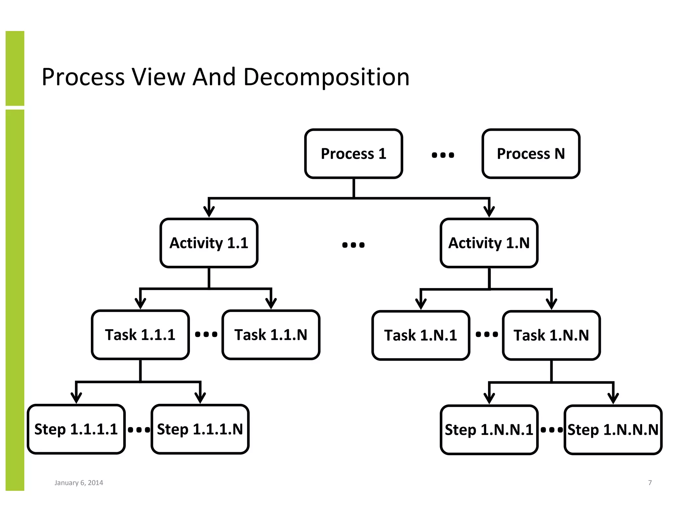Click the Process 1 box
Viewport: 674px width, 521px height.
pos(353,154)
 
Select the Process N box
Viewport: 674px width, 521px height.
pos(531,154)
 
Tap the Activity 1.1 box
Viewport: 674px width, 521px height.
pos(209,243)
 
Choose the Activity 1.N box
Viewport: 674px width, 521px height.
pos(489,243)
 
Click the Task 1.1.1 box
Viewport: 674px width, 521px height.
pos(140,335)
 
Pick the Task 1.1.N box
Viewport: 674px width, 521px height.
pos(271,335)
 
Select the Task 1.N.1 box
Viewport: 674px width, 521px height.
pos(421,335)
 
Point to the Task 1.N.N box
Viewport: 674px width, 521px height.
pos(551,335)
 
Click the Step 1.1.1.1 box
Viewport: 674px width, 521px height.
pos(76,429)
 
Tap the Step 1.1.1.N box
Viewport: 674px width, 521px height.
pos(200,429)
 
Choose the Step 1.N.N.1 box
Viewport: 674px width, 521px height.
pos(489,430)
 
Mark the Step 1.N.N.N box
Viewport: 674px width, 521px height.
pos(613,430)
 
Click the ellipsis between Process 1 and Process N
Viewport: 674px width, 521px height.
pos(443,155)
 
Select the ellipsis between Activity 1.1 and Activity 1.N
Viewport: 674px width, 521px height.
pos(353,245)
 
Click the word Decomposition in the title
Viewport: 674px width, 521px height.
pos(326,77)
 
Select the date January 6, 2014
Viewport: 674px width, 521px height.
pos(79,483)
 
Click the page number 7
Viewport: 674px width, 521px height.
pos(650,483)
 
